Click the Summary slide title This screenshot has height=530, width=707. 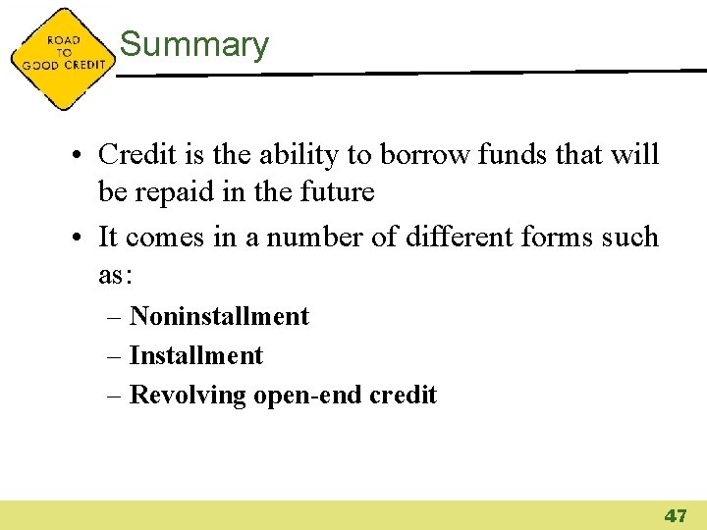click(x=193, y=45)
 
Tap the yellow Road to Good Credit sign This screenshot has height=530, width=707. click(x=61, y=58)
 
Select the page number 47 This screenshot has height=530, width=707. click(x=676, y=515)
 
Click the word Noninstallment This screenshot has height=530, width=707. click(x=219, y=316)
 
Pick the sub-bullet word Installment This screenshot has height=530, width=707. click(x=196, y=355)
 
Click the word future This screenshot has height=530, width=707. click(x=339, y=192)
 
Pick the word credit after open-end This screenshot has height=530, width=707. click(x=403, y=395)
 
